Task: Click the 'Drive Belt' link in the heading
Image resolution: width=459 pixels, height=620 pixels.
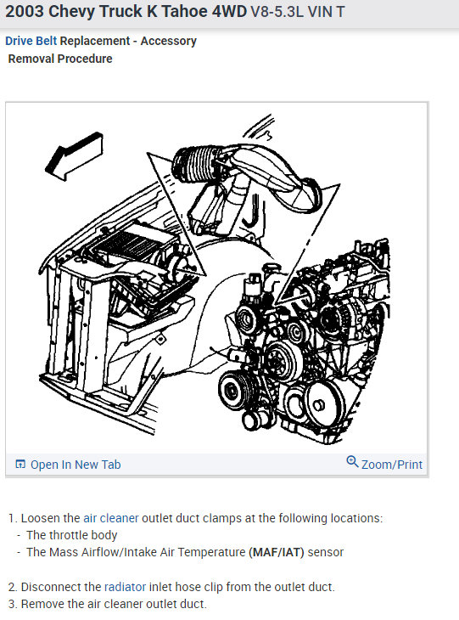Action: (31, 41)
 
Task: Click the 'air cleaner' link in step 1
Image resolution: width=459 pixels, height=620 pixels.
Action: (111, 518)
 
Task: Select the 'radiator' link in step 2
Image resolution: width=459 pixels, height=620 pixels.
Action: (125, 587)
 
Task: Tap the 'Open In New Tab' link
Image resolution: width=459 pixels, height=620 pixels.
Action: (76, 465)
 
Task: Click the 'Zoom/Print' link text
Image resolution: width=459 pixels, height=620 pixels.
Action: (392, 465)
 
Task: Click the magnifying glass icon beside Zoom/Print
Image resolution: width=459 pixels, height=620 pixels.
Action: (352, 462)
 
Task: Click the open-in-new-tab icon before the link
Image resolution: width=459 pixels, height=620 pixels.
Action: (20, 465)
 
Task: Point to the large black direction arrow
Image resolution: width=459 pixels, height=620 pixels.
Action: (74, 156)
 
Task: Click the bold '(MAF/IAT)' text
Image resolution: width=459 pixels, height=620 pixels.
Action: (277, 552)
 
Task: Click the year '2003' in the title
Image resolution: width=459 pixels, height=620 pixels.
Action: (24, 12)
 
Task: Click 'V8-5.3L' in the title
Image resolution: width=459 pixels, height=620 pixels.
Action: (277, 12)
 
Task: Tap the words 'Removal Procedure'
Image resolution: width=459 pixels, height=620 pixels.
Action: (60, 59)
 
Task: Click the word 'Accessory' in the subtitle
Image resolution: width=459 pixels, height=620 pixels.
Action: (168, 41)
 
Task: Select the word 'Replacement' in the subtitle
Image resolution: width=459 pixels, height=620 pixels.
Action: (95, 41)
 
